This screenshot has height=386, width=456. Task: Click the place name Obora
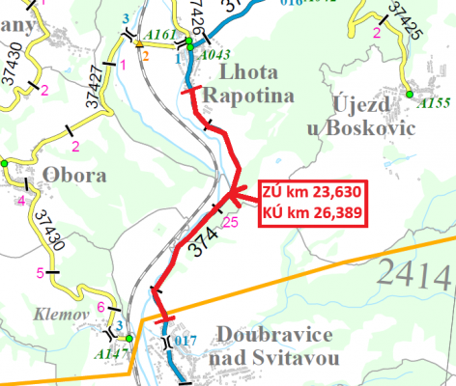pyautogui.click(x=67, y=175)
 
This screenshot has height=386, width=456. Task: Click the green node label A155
pyautogui.click(x=431, y=100)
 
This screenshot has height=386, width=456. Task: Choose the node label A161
pyautogui.click(x=163, y=35)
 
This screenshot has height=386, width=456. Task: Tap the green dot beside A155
pyautogui.click(x=410, y=94)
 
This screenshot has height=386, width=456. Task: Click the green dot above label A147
pyautogui.click(x=128, y=339)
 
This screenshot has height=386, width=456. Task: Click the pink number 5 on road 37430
pyautogui.click(x=41, y=273)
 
